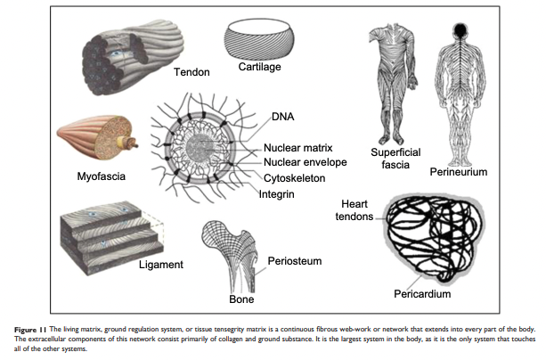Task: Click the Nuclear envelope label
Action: [306, 162]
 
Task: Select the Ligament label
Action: [160, 265]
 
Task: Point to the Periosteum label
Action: [294, 261]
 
